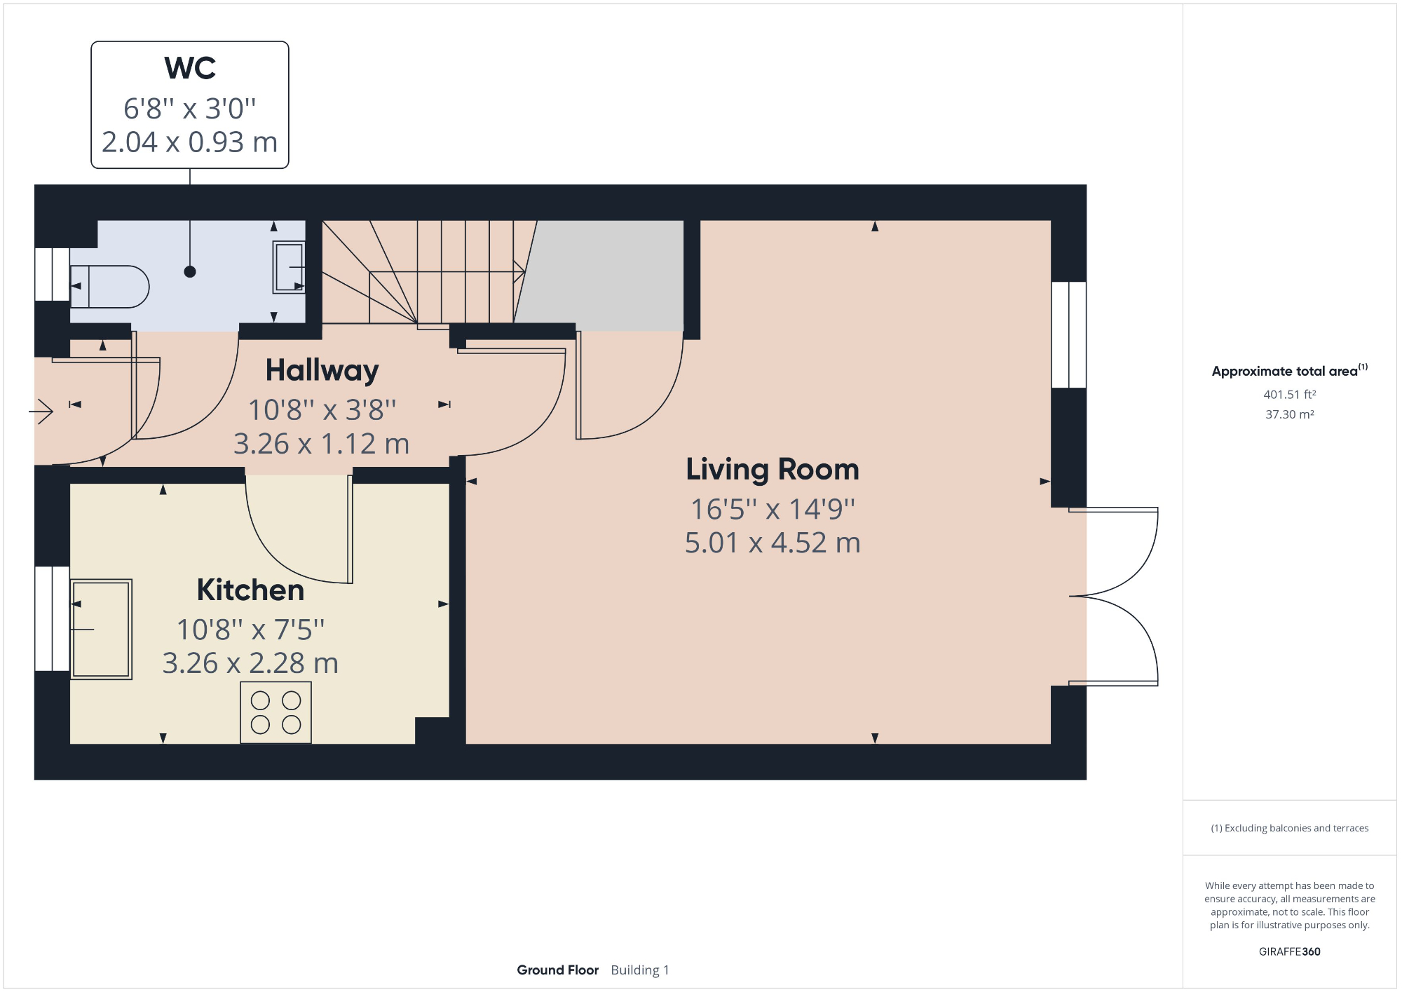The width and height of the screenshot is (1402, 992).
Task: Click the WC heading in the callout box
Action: point(190,69)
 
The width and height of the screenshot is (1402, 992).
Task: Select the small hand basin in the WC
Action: point(289,266)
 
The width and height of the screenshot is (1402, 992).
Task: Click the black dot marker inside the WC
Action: point(190,271)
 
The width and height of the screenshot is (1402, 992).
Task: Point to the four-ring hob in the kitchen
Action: point(275,712)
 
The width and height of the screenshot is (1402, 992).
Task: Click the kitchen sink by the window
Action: point(101,629)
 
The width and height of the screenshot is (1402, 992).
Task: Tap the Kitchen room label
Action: point(250,590)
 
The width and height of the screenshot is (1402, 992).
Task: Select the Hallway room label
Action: point(322,370)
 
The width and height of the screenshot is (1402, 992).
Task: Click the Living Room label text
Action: point(772,469)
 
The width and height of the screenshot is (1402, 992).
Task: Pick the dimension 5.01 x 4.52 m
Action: point(772,543)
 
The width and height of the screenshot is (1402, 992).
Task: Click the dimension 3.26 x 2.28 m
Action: point(250,663)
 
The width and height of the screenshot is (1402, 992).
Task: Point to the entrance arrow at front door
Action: point(42,411)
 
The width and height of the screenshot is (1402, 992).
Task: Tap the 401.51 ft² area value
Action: point(1289,395)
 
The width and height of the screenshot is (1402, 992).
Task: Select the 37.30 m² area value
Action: point(1289,414)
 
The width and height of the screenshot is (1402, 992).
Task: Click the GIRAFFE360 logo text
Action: point(1289,951)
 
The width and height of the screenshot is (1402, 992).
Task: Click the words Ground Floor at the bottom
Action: point(557,970)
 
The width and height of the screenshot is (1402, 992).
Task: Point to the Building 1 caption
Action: point(639,970)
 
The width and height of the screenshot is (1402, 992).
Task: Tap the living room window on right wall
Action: point(1068,334)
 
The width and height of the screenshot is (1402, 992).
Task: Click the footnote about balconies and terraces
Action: point(1289,828)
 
